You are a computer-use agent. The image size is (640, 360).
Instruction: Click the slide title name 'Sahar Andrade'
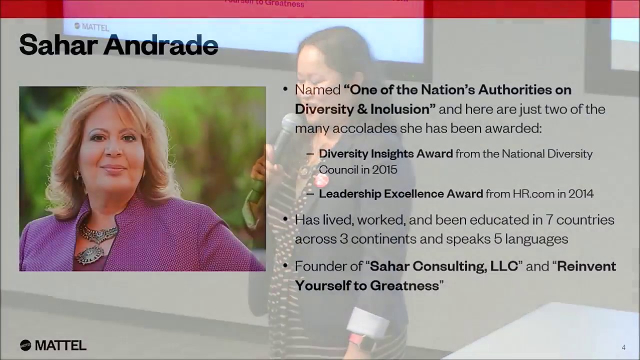(118, 45)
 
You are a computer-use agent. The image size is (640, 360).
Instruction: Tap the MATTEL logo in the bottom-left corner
(53, 345)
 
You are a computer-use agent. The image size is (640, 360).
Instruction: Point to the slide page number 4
(623, 347)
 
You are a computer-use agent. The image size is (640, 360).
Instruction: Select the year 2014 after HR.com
(580, 193)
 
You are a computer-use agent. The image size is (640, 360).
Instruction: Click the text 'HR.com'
(532, 193)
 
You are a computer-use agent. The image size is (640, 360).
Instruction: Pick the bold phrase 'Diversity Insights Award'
(385, 154)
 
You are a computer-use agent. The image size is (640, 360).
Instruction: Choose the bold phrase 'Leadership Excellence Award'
(400, 193)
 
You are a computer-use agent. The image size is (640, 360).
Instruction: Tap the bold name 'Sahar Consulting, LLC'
(443, 266)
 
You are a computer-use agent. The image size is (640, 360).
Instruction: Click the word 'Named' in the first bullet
(317, 90)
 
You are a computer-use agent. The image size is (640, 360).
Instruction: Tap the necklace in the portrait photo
(96, 240)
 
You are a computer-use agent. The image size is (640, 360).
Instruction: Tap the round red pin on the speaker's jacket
(321, 180)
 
